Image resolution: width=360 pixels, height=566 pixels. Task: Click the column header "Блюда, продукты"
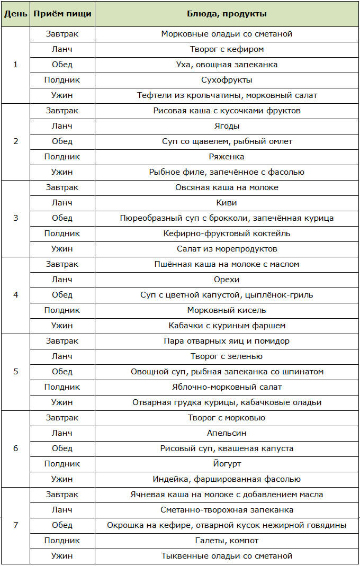[227, 14]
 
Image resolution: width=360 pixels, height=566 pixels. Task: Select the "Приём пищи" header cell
[62, 14]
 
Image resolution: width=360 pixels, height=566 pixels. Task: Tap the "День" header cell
[15, 14]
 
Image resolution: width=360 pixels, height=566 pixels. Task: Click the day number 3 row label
[15, 218]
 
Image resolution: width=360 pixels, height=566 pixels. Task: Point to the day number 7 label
[15, 525]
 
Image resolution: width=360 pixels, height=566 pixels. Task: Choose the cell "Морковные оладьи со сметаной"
[227, 34]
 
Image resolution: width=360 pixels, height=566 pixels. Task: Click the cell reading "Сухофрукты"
[227, 80]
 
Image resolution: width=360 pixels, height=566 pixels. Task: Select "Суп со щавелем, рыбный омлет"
[227, 141]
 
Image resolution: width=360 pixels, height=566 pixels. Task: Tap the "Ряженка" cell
[227, 157]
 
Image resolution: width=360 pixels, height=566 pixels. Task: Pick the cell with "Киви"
[227, 203]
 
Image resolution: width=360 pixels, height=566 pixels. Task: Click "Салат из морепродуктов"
[227, 249]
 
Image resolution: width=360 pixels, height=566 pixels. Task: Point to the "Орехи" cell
[227, 280]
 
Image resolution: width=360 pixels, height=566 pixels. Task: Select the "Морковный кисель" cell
[227, 310]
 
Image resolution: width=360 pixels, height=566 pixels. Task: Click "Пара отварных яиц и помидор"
[227, 341]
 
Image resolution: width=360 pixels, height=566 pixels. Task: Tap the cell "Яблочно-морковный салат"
[227, 387]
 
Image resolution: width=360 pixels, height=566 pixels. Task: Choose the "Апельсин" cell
[227, 433]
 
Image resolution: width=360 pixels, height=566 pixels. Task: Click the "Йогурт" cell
[227, 464]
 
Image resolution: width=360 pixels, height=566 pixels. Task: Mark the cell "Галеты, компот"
[227, 541]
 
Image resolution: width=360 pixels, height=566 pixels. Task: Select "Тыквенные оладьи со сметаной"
[227, 556]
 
